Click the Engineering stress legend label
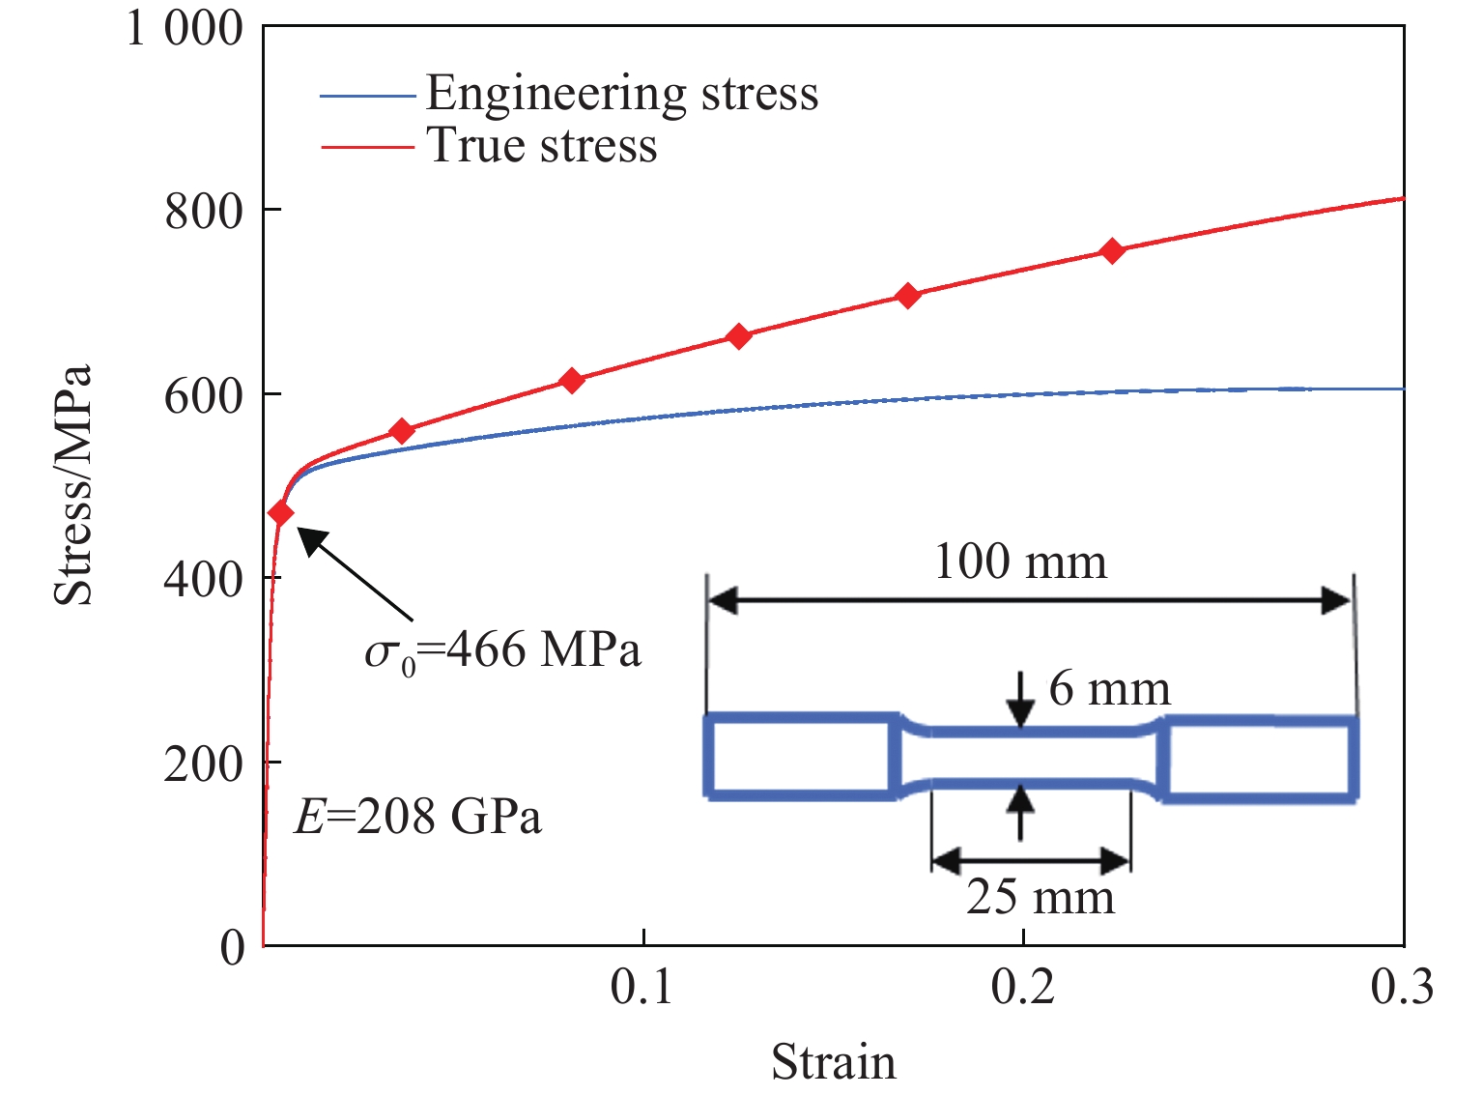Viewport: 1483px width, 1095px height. click(621, 94)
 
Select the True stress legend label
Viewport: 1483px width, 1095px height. click(542, 146)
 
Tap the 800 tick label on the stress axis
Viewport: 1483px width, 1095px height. click(204, 212)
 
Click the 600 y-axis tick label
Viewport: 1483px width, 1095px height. click(204, 395)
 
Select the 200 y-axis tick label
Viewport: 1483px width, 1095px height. click(204, 764)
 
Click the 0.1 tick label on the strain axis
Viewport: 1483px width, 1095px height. click(642, 988)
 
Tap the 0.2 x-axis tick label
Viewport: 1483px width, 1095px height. click(1022, 988)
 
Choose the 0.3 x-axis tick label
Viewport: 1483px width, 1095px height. click(1402, 988)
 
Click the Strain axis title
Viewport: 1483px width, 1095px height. click(833, 1061)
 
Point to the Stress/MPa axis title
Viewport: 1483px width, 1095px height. click(73, 485)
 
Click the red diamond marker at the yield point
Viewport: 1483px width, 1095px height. click(281, 513)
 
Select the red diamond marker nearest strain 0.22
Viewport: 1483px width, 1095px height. click(1112, 251)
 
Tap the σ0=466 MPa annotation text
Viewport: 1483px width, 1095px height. click(502, 651)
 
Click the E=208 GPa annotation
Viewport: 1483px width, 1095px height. click(417, 818)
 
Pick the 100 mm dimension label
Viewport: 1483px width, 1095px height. click(1020, 562)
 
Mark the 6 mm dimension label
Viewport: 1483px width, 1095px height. click(1109, 689)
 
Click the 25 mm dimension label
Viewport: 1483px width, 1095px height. click(1041, 897)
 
